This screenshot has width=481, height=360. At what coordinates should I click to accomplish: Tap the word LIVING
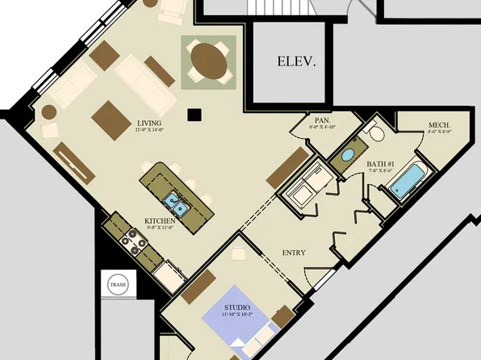point(149,123)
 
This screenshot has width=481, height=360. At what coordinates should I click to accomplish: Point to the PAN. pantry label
point(323,119)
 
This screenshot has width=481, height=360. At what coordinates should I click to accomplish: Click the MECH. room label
point(438,125)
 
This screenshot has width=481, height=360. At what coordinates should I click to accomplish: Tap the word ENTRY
point(294,253)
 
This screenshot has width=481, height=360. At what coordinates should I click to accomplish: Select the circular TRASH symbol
point(119,285)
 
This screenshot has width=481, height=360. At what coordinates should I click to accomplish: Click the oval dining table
point(207,61)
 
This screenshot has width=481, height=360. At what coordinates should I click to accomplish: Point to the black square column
point(194,115)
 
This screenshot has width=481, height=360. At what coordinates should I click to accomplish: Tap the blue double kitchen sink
point(176,205)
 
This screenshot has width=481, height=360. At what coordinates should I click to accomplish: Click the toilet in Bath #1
point(375,132)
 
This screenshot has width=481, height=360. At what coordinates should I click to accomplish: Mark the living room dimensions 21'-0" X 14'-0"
point(149,130)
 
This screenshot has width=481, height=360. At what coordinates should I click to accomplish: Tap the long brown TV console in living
point(75,163)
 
